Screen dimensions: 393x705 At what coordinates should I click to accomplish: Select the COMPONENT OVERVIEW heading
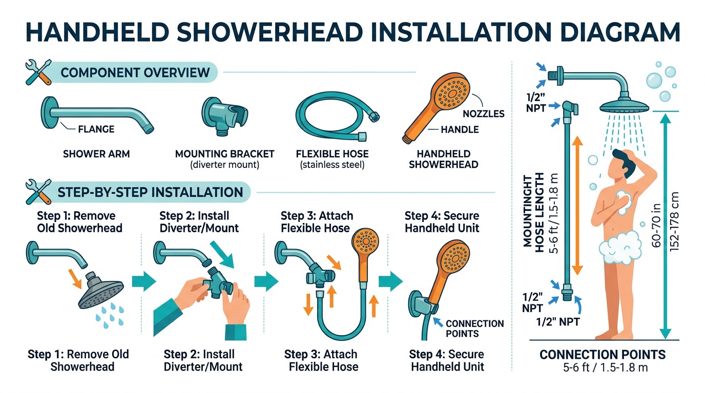(x=135, y=72)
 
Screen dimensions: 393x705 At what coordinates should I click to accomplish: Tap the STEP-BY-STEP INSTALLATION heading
(x=150, y=192)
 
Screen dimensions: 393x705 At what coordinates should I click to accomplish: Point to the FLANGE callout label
(x=95, y=129)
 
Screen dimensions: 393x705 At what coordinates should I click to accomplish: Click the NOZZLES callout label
(x=483, y=114)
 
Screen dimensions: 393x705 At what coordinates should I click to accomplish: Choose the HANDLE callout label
(x=460, y=130)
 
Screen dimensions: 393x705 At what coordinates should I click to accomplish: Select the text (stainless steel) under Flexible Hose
(x=332, y=165)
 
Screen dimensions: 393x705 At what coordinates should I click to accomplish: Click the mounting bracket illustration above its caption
(x=224, y=114)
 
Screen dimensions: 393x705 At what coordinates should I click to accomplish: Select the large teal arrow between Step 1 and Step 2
(x=143, y=281)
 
